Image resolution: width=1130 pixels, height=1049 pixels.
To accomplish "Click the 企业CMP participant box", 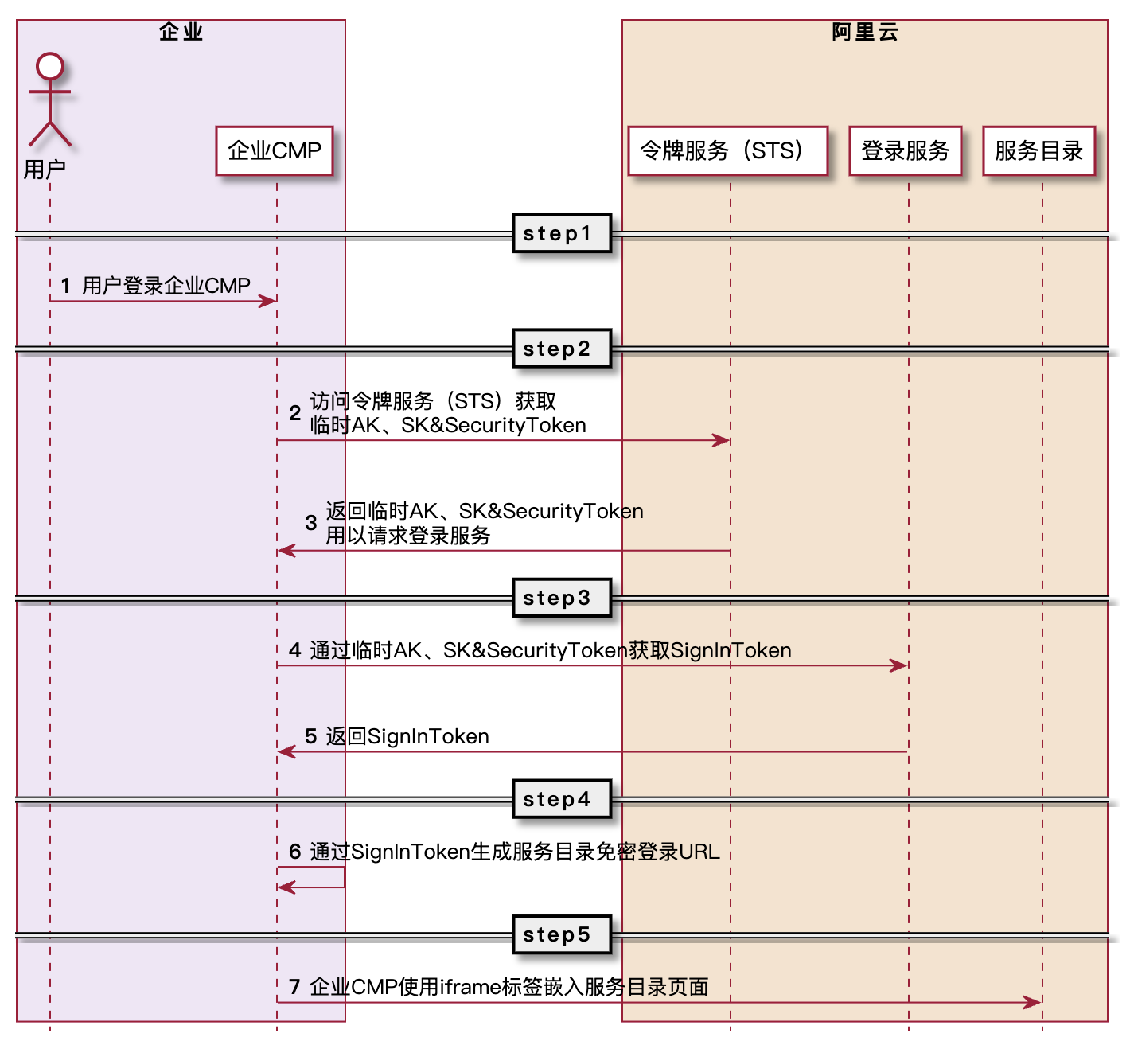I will point(274,150).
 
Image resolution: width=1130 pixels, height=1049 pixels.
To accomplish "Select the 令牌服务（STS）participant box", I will point(727,150).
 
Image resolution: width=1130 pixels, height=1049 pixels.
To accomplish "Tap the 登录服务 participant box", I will point(906,150).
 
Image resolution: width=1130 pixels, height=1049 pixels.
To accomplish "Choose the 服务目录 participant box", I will point(1038,150).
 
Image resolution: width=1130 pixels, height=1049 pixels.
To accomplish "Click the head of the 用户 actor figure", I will point(50,66).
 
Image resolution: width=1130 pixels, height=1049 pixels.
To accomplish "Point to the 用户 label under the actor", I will point(45,170).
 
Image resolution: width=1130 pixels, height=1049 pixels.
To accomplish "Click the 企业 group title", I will point(181,32).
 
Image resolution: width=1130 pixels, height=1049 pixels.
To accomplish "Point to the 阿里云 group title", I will point(864,32).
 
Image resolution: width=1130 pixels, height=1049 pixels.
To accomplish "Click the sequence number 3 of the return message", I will point(311,523).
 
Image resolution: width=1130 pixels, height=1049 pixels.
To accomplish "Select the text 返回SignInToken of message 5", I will point(407,736).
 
